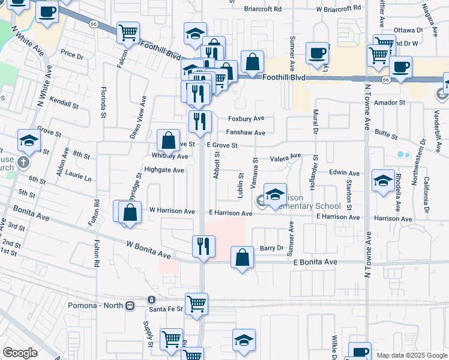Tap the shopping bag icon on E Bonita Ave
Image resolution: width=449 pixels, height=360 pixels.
[241, 258]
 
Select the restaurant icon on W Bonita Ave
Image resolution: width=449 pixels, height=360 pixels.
[203, 246]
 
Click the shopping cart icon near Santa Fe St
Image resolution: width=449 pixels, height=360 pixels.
[196, 304]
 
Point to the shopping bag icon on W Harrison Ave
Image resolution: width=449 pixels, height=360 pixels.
[130, 212]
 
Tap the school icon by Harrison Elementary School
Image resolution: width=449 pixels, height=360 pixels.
[275, 194]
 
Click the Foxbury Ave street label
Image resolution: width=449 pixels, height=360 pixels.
[246, 118]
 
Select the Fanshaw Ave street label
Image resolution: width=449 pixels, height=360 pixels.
[246, 133]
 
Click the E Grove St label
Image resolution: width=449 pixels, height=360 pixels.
[223, 145]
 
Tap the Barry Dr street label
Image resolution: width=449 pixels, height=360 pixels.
[271, 248]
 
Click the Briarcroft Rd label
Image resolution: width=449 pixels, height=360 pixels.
[263, 9]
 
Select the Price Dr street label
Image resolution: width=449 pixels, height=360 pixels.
[71, 55]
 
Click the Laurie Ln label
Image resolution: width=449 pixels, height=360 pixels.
[79, 178]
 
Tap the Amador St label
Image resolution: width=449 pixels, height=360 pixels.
[391, 103]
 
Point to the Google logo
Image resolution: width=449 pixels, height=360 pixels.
[20, 353]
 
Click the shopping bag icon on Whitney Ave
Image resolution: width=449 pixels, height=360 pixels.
[169, 141]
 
